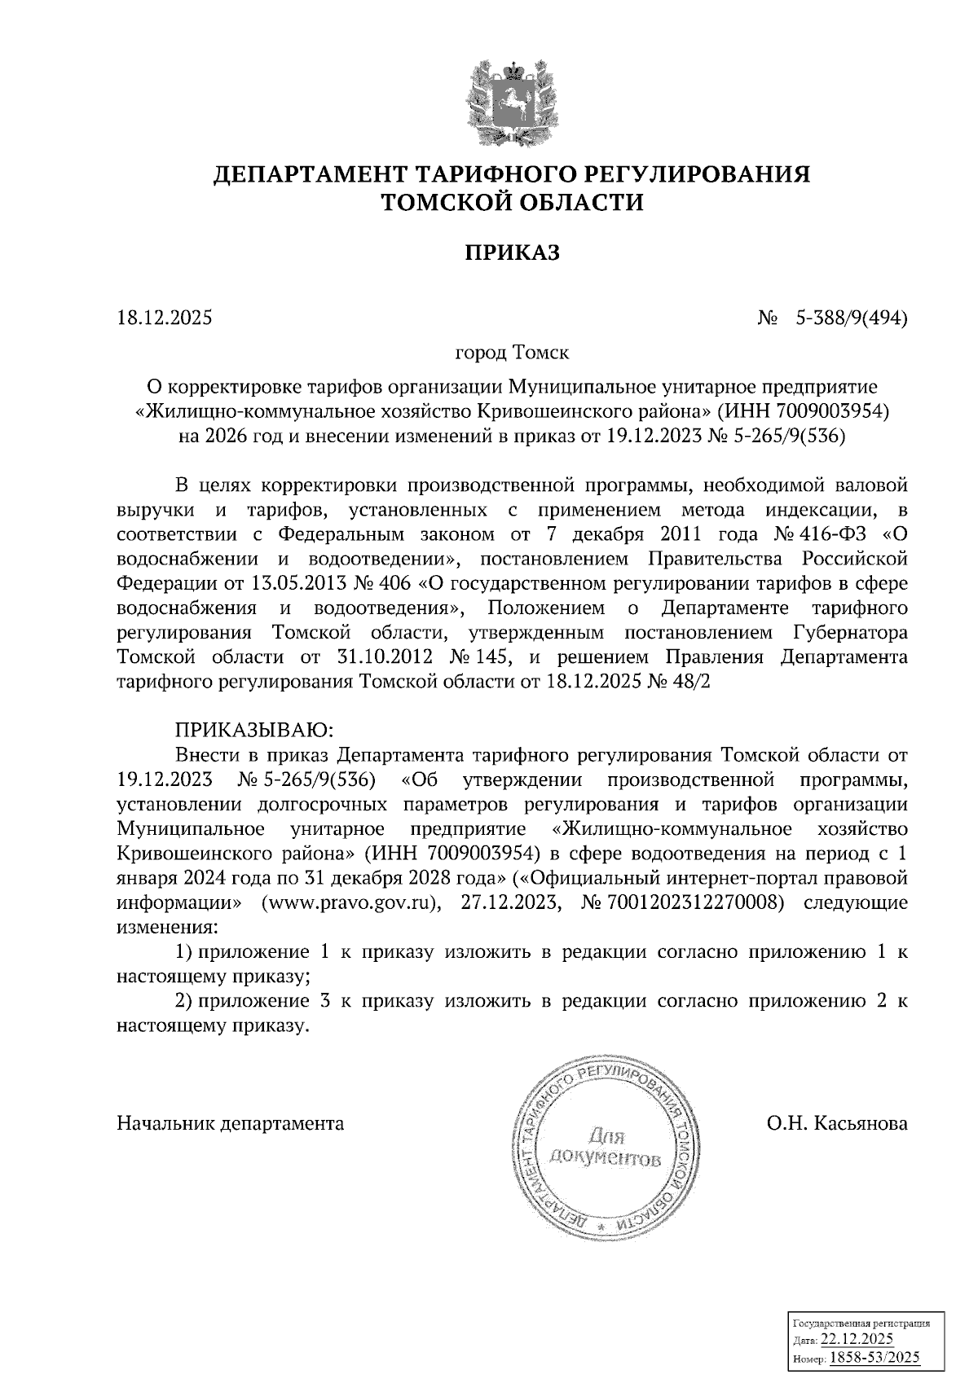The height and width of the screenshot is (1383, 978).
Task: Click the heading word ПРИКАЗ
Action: click(x=512, y=253)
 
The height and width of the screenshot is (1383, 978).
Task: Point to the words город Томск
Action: click(x=511, y=353)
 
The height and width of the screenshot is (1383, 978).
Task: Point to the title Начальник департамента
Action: click(x=231, y=1124)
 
